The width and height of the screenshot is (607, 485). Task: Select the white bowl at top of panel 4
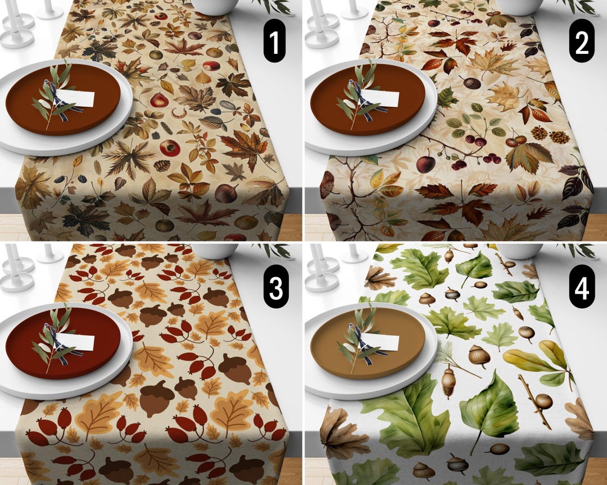(x=520, y=250)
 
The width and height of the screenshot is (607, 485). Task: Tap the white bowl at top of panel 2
(x=520, y=6)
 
